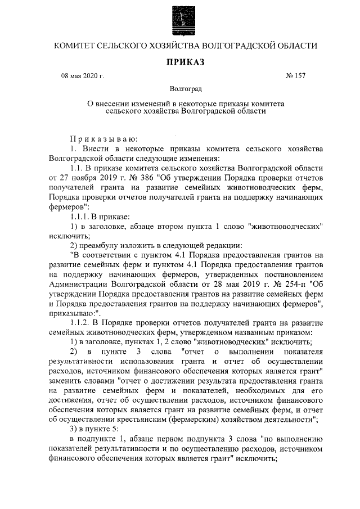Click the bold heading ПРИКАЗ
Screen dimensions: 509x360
[179, 61]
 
